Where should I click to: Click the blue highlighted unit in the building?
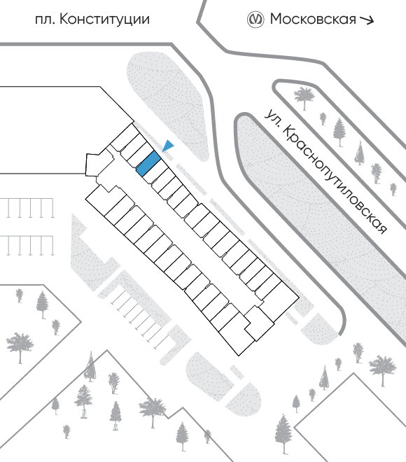point(148,164)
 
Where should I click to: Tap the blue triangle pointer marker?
point(168,146)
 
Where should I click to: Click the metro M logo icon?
point(255,20)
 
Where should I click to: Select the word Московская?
point(313,19)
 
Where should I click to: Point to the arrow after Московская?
point(367,20)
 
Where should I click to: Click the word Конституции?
point(104,20)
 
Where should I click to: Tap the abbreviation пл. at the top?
point(45,20)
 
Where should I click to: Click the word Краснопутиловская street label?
point(335,180)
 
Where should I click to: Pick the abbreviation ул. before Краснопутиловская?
point(272,118)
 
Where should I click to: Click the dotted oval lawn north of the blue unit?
point(168,106)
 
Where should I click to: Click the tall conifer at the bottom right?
point(283,434)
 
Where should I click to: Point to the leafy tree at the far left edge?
point(20,347)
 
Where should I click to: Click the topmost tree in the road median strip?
point(304,98)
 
